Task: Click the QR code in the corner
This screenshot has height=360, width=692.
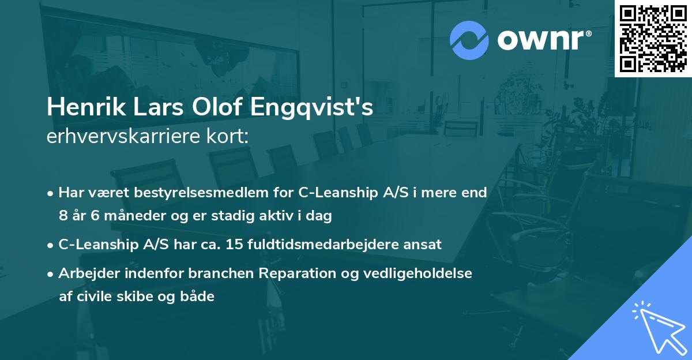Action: click(653, 39)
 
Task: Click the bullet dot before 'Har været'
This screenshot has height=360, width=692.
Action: click(51, 193)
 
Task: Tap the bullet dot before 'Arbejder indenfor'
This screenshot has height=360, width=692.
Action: click(51, 274)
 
